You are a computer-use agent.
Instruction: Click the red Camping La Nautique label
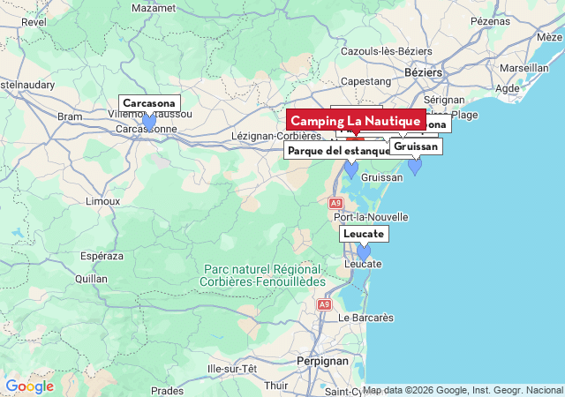coord(356,120)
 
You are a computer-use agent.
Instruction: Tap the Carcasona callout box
coord(149,103)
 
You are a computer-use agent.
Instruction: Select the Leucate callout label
coord(364,234)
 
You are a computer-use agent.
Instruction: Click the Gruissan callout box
coord(415,146)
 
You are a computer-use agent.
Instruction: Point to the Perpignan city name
coord(321,361)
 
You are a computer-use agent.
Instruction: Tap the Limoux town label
coord(102,201)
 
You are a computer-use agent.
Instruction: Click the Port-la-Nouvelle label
coord(371,217)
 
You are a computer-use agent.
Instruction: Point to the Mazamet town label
coord(154,8)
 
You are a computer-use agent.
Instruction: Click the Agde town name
coord(508,88)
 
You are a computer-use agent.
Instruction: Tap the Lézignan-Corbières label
coord(275,136)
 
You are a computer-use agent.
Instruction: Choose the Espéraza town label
coord(102,256)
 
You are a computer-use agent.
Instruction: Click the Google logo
coord(29,386)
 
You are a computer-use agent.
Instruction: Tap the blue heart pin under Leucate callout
coord(364,252)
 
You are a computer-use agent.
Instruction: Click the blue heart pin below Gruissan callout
coord(415,166)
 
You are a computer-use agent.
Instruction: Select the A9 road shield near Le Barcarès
coord(324,304)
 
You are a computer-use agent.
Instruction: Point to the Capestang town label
coord(365,81)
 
